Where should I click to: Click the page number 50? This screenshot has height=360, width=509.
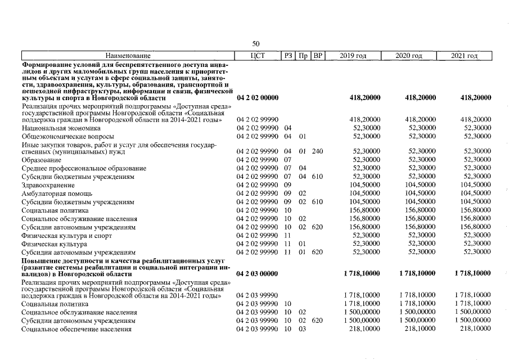(256, 44)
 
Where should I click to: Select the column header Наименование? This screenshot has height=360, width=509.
(128, 56)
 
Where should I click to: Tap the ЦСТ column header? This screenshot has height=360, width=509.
(258, 56)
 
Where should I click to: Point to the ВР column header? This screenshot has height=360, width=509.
(317, 56)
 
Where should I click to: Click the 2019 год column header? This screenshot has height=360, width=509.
(353, 56)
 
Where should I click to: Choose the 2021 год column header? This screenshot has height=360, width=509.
(465, 56)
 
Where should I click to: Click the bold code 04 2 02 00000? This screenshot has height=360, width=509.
(258, 98)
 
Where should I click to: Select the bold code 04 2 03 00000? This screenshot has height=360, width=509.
(258, 273)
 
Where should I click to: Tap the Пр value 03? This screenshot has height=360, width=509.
(302, 328)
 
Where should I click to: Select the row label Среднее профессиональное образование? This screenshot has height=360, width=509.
(84, 169)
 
